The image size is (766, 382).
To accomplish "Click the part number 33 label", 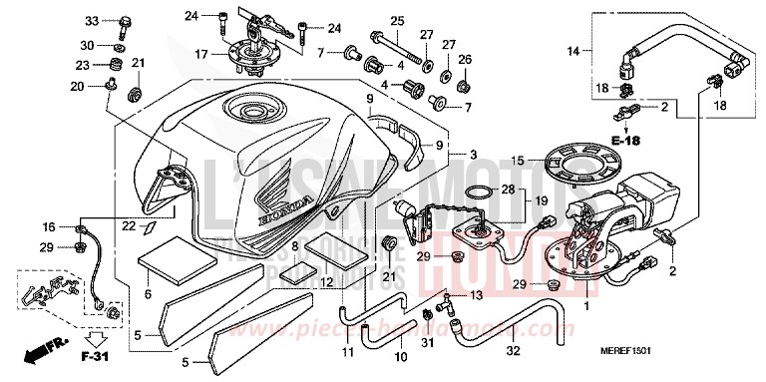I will coord(91,21).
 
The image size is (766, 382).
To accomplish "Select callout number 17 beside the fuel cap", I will coord(200,53).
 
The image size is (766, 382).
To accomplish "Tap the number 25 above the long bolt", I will coord(397,21).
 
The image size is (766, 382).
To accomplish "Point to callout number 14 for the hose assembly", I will coord(573,50).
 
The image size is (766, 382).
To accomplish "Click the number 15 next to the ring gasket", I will coord(518,161).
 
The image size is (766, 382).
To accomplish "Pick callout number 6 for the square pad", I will coord(148,294).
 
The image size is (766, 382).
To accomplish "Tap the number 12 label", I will coord(325,282).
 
